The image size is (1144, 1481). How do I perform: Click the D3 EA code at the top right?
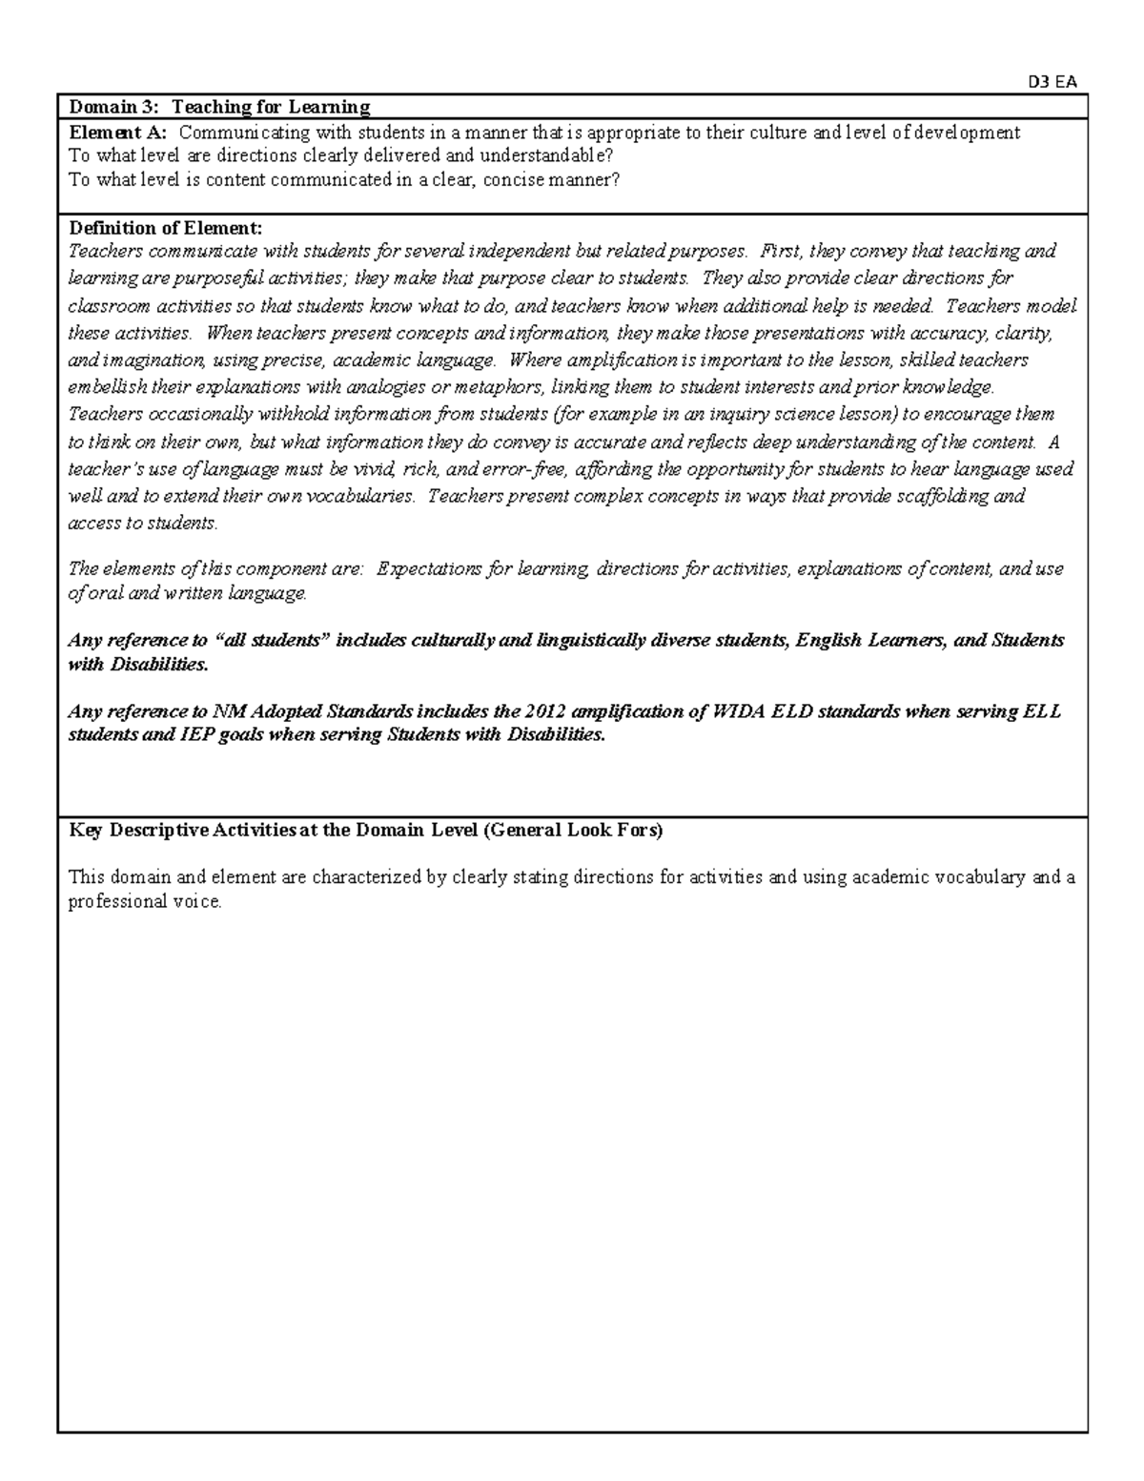click(1052, 82)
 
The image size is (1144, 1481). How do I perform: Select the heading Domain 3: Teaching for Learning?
click(219, 107)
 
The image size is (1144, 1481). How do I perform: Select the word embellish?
click(102, 388)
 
